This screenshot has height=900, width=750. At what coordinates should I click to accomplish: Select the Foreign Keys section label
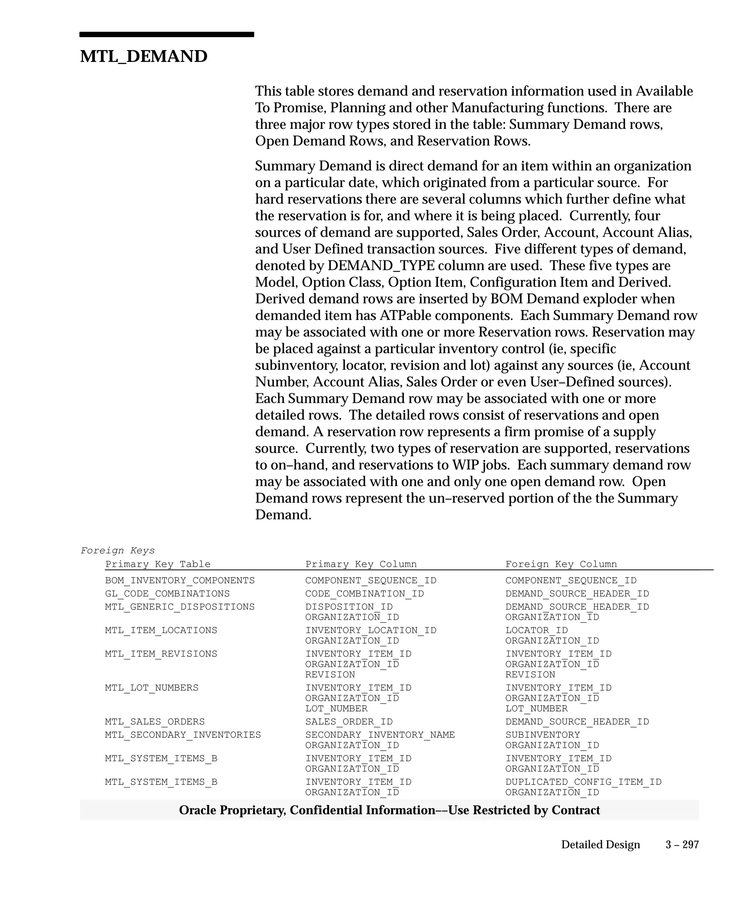tap(118, 550)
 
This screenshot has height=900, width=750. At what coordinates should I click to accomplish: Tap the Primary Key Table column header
tap(158, 564)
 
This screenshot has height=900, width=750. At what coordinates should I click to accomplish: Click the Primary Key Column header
tap(361, 564)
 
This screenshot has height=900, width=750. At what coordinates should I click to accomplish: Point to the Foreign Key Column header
tap(561, 564)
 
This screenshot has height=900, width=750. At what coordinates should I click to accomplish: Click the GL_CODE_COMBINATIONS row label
tap(167, 594)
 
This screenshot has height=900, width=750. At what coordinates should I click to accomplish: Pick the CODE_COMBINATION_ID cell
tap(364, 594)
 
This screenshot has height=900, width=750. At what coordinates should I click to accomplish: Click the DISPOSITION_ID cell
tap(349, 607)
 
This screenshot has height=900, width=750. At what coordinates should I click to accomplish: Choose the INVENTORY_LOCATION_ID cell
tap(371, 631)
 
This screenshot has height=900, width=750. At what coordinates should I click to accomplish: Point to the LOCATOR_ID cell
tap(536, 631)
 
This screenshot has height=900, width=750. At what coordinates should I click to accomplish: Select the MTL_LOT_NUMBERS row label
tap(152, 688)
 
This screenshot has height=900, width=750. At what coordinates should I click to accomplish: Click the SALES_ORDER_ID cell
tap(349, 722)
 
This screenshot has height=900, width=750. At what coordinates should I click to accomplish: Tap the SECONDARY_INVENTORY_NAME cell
tap(380, 735)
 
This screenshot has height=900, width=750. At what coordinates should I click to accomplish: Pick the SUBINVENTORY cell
tap(543, 735)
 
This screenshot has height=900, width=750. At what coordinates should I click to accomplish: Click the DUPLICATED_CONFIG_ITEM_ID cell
tap(583, 782)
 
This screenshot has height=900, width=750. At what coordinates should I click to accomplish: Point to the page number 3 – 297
tap(682, 845)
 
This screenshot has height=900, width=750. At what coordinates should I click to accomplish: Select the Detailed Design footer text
tap(601, 845)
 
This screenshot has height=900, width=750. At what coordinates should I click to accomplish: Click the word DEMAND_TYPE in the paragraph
tap(381, 266)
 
